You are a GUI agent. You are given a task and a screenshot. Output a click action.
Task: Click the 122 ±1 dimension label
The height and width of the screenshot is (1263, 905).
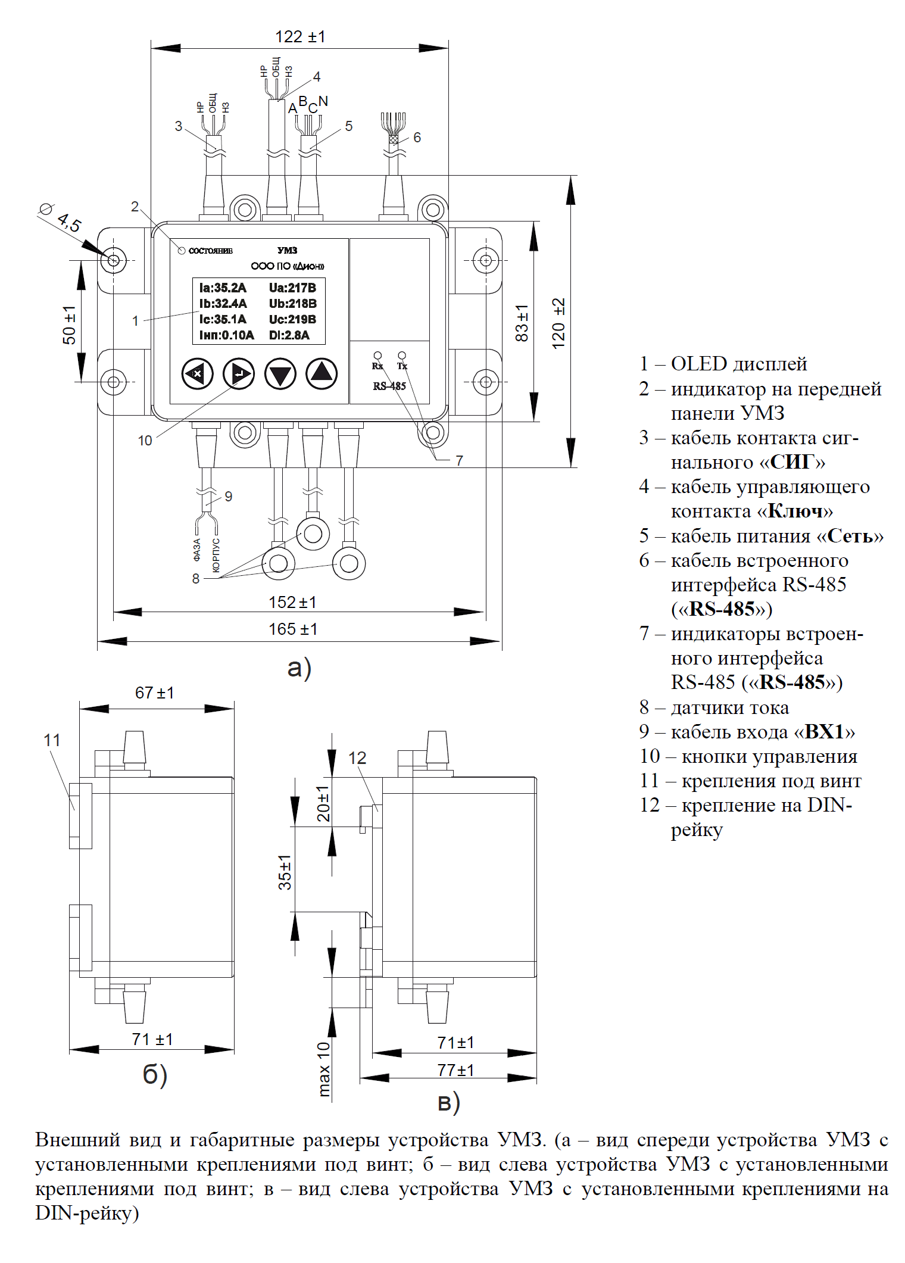click(300, 37)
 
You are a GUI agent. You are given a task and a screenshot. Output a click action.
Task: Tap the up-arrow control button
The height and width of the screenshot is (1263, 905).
click(322, 374)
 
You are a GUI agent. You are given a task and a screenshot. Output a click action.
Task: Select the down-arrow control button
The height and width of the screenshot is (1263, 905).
click(280, 374)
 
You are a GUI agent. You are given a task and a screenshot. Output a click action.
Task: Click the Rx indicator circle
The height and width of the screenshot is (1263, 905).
click(377, 356)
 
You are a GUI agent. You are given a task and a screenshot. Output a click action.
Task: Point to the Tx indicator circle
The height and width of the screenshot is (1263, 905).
click(402, 355)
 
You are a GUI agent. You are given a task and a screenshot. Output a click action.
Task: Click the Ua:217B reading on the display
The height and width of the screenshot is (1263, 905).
click(292, 288)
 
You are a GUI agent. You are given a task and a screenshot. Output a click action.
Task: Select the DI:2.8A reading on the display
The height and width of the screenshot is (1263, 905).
click(289, 335)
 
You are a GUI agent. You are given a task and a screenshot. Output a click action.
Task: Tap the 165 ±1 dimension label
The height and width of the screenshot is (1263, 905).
click(293, 629)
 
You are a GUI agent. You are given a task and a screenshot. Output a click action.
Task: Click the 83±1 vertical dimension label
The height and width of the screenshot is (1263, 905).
click(522, 323)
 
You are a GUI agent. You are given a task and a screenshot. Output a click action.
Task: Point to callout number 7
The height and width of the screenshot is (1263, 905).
click(459, 460)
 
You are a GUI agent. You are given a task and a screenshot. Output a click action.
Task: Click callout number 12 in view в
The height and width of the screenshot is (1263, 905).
click(357, 758)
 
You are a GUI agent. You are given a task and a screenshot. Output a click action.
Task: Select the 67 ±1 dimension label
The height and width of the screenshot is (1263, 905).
click(155, 693)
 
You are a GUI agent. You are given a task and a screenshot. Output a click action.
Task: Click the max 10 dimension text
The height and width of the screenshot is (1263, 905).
click(323, 1069)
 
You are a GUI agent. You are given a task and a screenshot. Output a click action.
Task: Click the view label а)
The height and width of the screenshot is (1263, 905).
click(299, 668)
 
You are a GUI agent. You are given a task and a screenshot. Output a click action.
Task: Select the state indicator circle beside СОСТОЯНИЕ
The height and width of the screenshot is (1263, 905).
click(182, 250)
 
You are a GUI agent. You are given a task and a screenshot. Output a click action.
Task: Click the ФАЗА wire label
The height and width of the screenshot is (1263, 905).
click(197, 550)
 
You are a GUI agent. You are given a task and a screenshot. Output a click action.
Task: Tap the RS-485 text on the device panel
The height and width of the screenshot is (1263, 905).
click(389, 386)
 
